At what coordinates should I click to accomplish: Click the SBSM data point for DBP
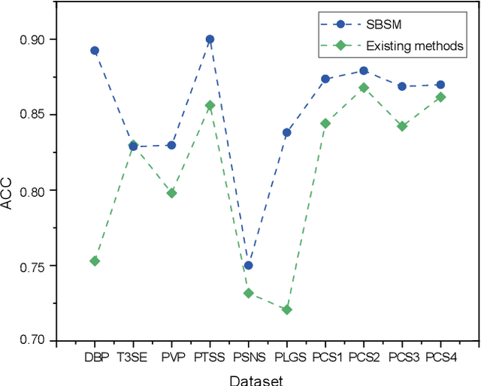click(x=95, y=50)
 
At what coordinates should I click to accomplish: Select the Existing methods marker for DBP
click(x=95, y=261)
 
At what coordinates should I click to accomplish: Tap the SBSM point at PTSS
click(x=210, y=39)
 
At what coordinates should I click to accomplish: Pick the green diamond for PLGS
click(x=286, y=309)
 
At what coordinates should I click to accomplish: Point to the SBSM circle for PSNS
click(x=248, y=265)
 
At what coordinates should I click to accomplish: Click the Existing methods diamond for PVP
click(x=171, y=193)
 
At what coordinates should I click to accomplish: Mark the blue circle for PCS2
click(x=364, y=71)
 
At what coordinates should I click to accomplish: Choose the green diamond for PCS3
click(x=402, y=126)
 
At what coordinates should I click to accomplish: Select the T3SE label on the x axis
click(x=133, y=358)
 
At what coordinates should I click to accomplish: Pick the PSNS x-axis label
click(x=248, y=358)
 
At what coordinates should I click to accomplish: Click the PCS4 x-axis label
click(x=440, y=358)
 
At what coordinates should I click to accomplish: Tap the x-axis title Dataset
click(x=256, y=380)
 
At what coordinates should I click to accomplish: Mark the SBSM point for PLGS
click(x=286, y=132)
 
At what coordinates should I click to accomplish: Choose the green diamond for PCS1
click(x=325, y=123)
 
